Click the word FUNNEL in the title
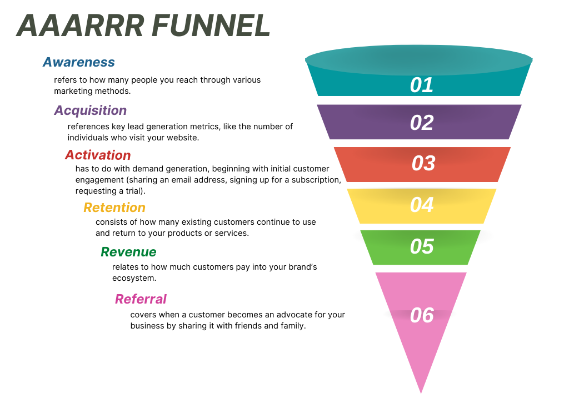point(211,26)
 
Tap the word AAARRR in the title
point(81,26)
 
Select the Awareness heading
point(79,62)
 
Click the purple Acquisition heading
point(91,110)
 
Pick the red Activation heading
point(98,155)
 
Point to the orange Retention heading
point(114,208)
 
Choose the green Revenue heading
point(128,252)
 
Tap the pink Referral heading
point(141,299)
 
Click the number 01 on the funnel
point(422,85)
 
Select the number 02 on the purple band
point(422,123)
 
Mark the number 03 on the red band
point(423,163)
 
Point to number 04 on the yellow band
point(422,205)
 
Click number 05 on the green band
point(422,246)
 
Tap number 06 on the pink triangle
point(422,315)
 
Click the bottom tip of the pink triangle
point(421,393)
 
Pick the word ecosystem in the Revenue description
point(134,279)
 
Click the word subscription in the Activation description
point(316,180)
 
